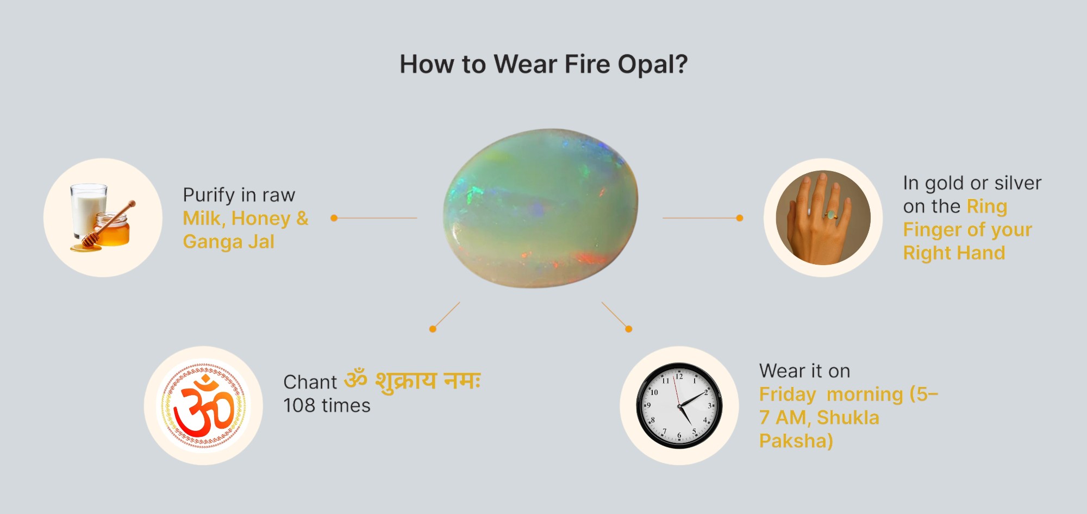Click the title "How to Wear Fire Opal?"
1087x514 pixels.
[x=543, y=65]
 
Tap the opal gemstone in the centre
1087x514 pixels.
[x=541, y=208]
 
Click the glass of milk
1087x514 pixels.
[x=88, y=209]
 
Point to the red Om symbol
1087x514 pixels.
[x=204, y=405]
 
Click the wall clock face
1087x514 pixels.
[x=679, y=405]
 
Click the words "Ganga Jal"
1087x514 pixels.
[x=228, y=242]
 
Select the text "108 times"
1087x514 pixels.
[x=327, y=405]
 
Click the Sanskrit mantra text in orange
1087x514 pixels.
[x=413, y=380]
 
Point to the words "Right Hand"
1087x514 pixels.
[x=954, y=253]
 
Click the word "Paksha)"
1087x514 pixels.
[x=796, y=441]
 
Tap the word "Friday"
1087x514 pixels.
[x=787, y=394]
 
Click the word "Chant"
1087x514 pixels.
[x=310, y=382]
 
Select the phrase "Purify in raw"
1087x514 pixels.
[x=239, y=195]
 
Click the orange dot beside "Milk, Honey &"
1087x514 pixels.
[x=334, y=218]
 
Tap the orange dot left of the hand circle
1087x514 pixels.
[x=739, y=218]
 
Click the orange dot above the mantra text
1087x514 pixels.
[x=433, y=329]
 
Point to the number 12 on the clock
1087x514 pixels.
[x=679, y=376]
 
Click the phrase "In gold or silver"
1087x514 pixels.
[x=972, y=183]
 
